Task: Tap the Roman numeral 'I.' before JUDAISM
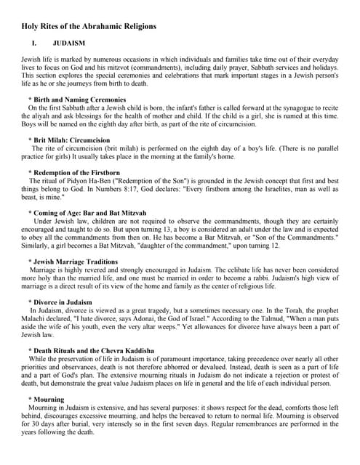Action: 34,44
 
